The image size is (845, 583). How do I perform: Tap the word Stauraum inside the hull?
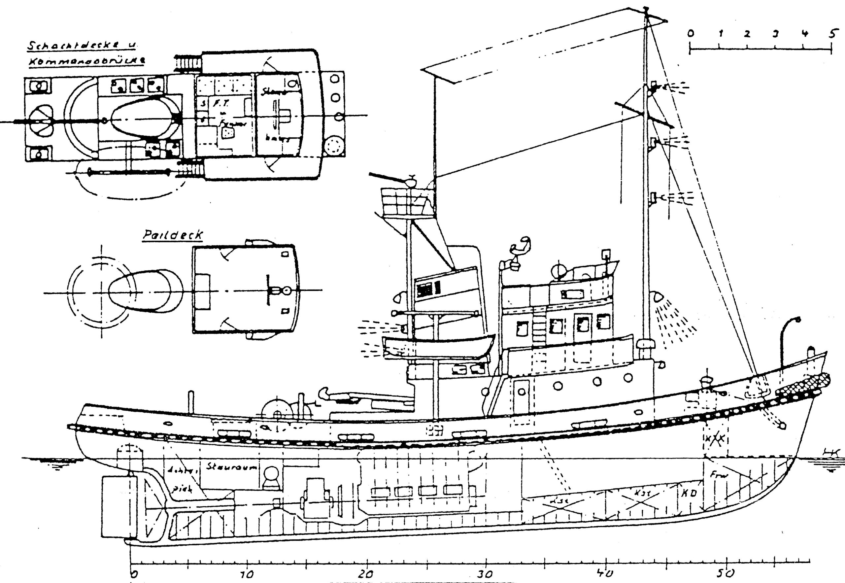pyautogui.click(x=232, y=467)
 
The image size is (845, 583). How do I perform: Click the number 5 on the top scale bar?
pyautogui.click(x=831, y=34)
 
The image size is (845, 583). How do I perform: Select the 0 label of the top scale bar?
pyautogui.click(x=690, y=34)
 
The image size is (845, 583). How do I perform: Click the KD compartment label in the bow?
pyautogui.click(x=689, y=493)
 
